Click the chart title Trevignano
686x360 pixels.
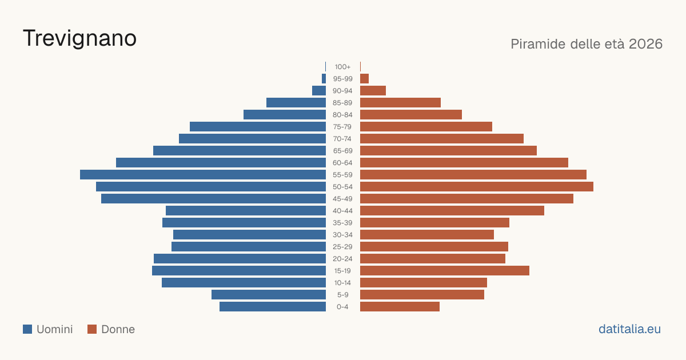(79, 39)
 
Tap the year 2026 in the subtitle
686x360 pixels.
(645, 44)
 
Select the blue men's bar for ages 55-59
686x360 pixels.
(203, 174)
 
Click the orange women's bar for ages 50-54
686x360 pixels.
(477, 187)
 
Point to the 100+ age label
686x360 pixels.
(342, 67)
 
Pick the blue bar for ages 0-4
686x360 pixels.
(273, 307)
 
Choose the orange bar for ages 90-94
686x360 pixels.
(373, 91)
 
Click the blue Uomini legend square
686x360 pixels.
(27, 329)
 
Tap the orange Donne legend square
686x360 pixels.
(92, 329)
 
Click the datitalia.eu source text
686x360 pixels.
(629, 329)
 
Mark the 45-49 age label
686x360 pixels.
(342, 199)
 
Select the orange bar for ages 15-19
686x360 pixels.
(445, 271)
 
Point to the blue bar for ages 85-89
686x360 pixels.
(296, 102)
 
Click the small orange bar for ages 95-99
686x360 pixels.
(365, 79)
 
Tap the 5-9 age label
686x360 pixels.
(342, 295)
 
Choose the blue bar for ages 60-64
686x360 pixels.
(221, 162)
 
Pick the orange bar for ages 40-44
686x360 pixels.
(452, 211)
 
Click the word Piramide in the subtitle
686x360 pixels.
(538, 44)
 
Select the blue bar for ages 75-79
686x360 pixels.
(258, 127)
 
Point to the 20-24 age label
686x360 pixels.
(342, 259)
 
